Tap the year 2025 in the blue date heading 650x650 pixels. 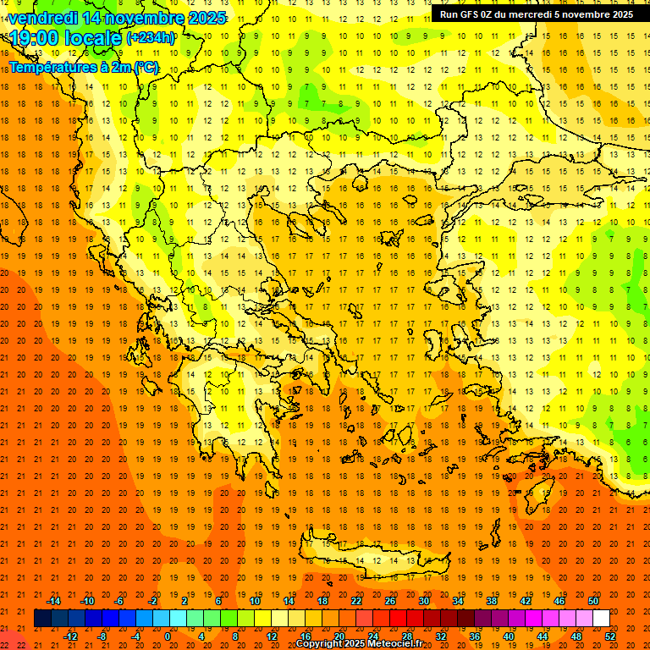pos(206,18)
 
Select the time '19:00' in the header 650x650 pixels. pos(37,37)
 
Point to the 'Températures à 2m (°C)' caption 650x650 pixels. pos(83,67)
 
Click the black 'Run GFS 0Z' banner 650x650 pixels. pos(536,14)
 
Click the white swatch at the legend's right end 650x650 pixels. pos(601,619)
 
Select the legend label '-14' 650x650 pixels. pos(53,601)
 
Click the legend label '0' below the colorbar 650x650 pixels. pos(167,636)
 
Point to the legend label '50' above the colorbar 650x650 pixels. pos(592,601)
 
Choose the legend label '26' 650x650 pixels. pos(389,601)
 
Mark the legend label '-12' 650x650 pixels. pos(71,636)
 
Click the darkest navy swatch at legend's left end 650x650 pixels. pos(42,619)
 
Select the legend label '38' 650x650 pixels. pos(491,601)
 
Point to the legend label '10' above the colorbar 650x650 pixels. pos(254,601)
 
